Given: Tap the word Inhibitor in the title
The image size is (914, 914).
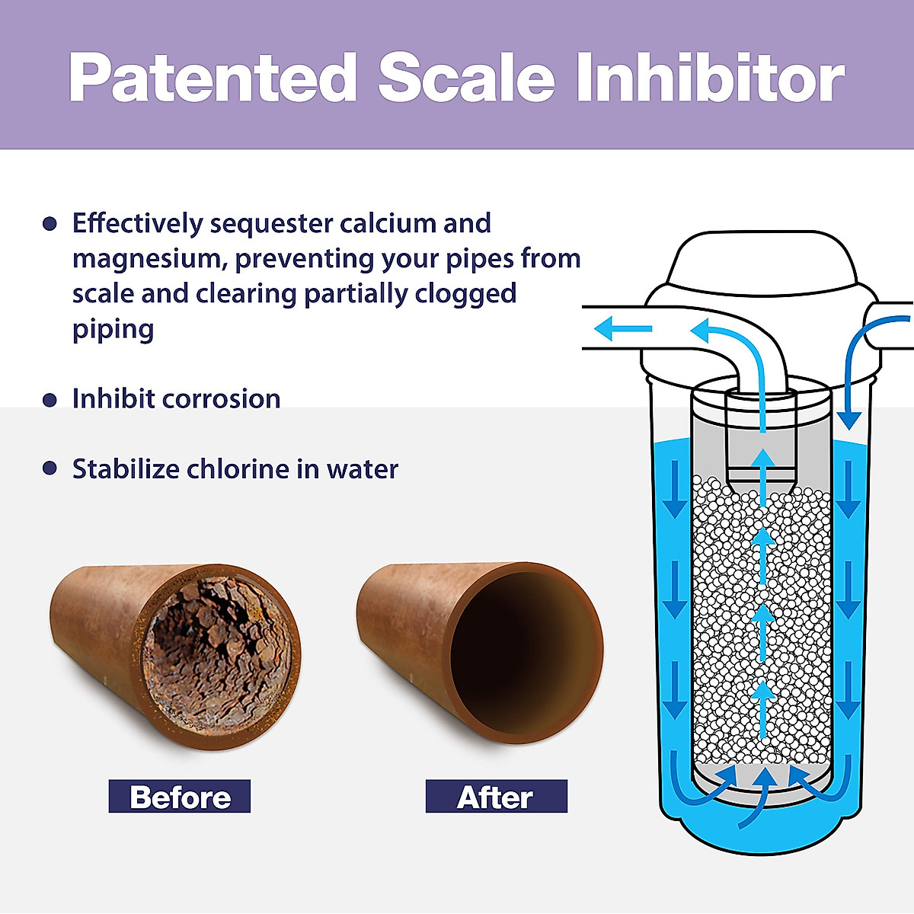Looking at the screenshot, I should [710, 78].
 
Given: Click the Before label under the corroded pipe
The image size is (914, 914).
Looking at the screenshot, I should [180, 797].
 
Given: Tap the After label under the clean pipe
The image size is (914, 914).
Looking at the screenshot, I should [496, 797].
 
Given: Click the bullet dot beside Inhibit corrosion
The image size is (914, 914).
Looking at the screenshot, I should [50, 400].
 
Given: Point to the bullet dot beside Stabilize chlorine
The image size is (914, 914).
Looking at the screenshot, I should [50, 468].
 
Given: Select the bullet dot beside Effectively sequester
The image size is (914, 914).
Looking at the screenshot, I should [50, 224].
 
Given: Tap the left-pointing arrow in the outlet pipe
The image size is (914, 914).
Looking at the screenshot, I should [623, 329].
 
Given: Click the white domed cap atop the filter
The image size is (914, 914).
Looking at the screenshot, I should [762, 263].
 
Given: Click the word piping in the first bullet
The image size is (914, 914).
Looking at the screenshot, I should [113, 329].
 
